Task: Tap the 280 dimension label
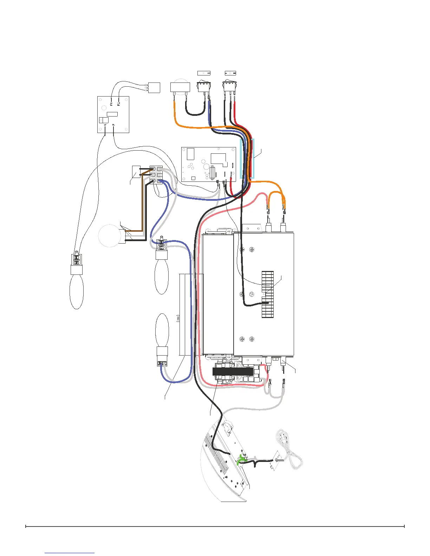point(178,318)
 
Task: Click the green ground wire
point(241,460)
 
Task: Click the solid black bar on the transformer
point(233,371)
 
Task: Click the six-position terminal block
point(157,174)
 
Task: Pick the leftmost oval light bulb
point(77,291)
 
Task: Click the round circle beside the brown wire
point(109,236)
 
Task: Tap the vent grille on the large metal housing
point(268,295)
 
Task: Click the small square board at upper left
point(113,115)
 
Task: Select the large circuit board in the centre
point(208,164)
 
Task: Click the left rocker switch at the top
point(203,86)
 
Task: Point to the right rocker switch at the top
point(230,86)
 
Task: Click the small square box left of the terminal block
point(136,172)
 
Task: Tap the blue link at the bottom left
point(70,553)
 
